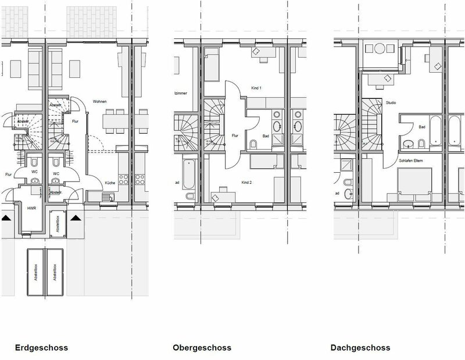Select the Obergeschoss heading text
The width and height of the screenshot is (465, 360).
tap(202, 348)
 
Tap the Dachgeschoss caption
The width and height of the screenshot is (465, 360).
tap(361, 348)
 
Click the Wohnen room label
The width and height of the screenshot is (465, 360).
tap(101, 101)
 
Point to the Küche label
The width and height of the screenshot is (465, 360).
tap(109, 183)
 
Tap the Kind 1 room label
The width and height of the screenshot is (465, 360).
tap(256, 88)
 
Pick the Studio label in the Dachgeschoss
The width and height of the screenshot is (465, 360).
tap(391, 103)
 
